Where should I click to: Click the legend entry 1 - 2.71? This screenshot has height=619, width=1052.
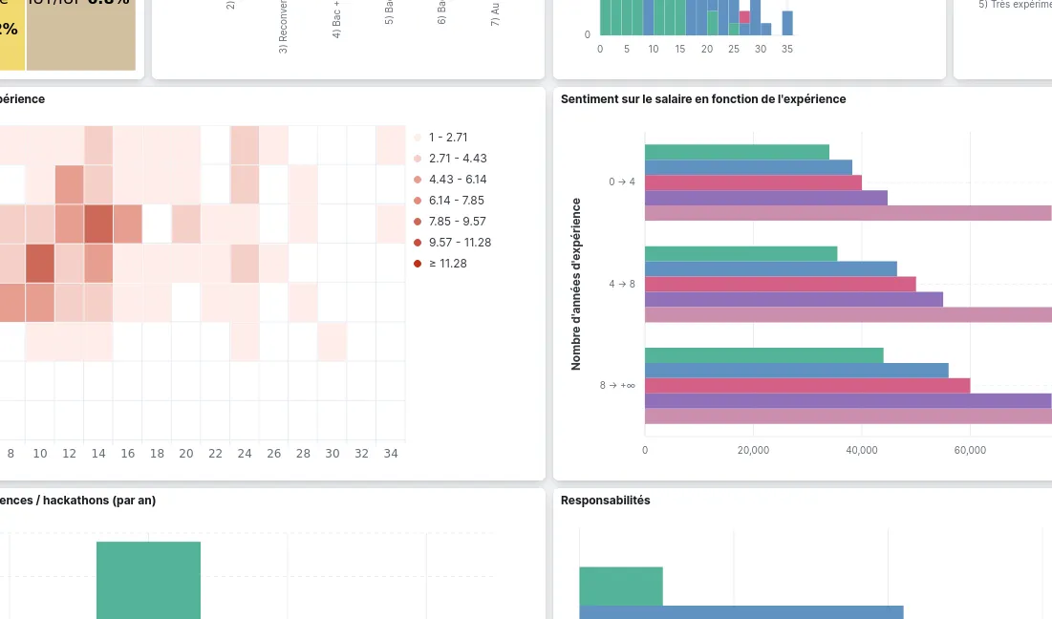coord(448,138)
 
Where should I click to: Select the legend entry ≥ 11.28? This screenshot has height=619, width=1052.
coord(447,264)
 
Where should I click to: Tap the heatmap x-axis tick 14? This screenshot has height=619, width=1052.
coord(97,455)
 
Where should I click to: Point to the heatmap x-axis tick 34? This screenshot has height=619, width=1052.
coord(389,455)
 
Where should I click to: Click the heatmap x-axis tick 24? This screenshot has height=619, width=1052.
coord(244,455)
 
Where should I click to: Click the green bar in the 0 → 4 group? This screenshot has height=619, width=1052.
coord(737,152)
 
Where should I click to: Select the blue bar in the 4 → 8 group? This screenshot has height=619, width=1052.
coord(770,268)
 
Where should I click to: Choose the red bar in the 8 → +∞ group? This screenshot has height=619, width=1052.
coord(807,386)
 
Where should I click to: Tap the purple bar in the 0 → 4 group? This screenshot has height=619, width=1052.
coord(765,198)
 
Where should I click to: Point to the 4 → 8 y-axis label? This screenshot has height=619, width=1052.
coord(622,284)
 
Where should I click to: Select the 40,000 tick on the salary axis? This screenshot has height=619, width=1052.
coord(862,450)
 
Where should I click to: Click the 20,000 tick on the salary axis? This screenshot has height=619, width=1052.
coord(753,450)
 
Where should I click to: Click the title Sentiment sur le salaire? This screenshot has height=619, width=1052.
coord(702,99)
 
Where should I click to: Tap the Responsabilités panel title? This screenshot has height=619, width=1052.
coord(605,501)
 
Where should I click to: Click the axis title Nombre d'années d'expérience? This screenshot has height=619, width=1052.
coord(576,284)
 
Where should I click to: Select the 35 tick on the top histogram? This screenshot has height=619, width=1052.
coord(787,49)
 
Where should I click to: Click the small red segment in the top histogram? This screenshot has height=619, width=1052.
coord(744,17)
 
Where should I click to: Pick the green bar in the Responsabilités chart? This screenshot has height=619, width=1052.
coord(620,586)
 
